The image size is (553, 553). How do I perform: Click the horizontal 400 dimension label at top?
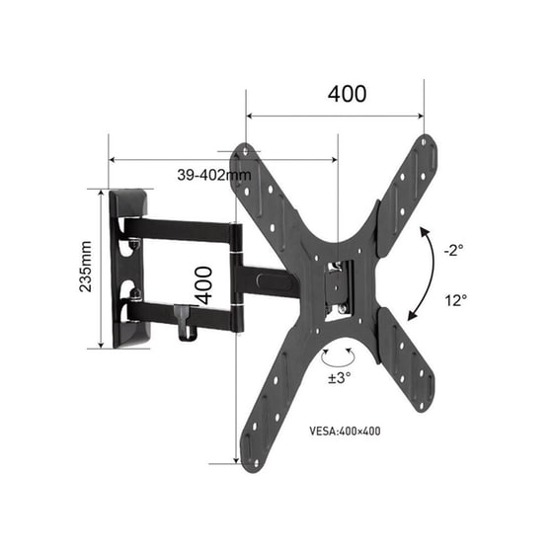click(x=347, y=94)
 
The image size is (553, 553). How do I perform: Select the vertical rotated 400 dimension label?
click(x=204, y=285)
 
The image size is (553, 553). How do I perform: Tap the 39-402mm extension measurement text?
click(x=214, y=175)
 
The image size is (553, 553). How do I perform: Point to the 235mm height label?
click(x=85, y=267)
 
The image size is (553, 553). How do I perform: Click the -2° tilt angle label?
click(x=453, y=251)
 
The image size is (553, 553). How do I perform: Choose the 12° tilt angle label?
click(x=455, y=301)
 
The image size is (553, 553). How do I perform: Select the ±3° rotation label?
click(x=340, y=377)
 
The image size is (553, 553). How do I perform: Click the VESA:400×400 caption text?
click(x=345, y=431)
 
